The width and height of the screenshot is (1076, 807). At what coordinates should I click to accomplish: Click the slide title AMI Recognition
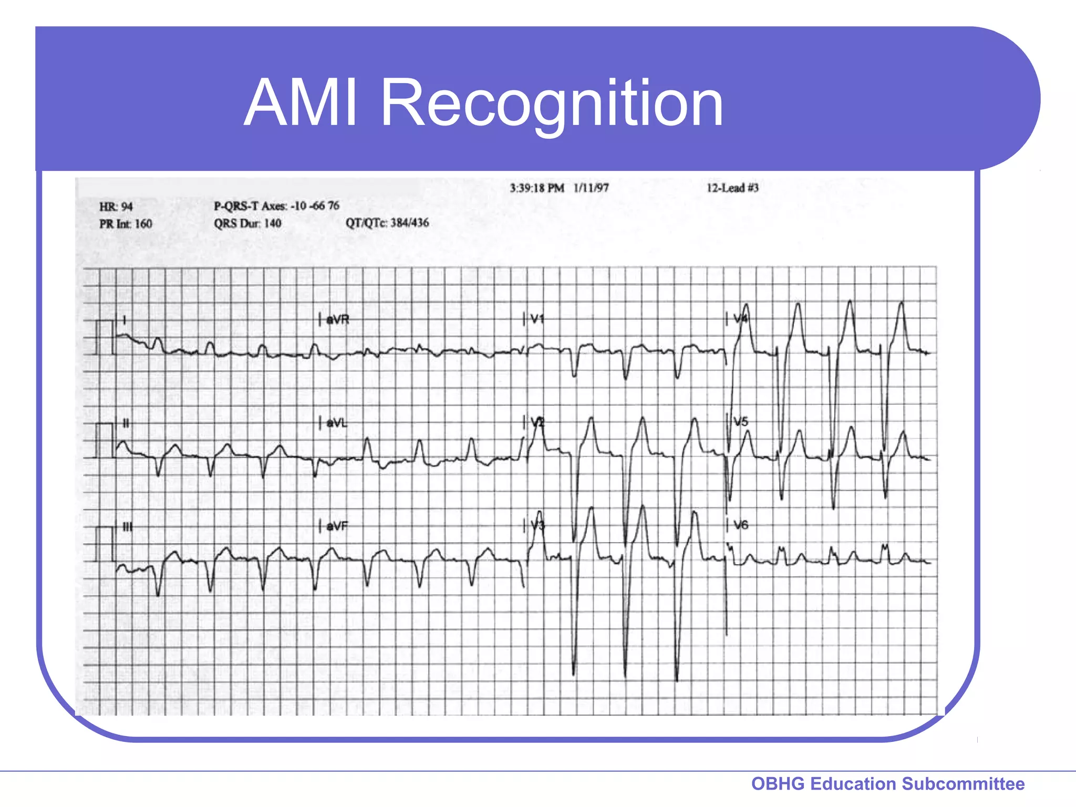point(483,102)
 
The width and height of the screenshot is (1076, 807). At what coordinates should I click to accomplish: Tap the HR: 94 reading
point(116,206)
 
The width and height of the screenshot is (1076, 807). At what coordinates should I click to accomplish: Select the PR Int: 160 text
point(126,224)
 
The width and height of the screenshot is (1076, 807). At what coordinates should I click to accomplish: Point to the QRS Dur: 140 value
point(247,223)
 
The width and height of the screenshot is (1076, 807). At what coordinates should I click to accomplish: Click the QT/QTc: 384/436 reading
point(387,223)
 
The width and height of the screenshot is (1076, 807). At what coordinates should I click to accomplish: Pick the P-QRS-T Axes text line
point(276,206)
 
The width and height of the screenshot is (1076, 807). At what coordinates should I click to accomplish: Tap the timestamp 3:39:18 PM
point(536,188)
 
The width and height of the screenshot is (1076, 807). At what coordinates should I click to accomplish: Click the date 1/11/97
point(591,188)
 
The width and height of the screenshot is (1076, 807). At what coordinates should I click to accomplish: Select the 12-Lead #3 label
point(732,188)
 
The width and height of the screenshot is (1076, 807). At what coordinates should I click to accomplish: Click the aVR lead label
point(337,319)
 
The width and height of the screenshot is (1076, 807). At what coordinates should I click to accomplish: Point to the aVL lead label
point(337,423)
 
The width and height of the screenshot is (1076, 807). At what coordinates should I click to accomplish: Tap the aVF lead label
point(337,526)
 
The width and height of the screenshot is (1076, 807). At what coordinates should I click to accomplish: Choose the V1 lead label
point(537,319)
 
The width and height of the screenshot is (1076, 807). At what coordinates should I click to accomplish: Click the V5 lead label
point(741,422)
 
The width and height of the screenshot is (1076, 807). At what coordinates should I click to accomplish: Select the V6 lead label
point(741,525)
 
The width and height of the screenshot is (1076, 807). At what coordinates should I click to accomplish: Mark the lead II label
point(126,423)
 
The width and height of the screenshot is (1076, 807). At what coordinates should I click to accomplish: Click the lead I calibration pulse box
point(105,337)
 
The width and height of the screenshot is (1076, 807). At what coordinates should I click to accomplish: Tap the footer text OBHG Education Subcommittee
point(888,783)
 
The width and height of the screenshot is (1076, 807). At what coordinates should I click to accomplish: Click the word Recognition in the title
point(552,102)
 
